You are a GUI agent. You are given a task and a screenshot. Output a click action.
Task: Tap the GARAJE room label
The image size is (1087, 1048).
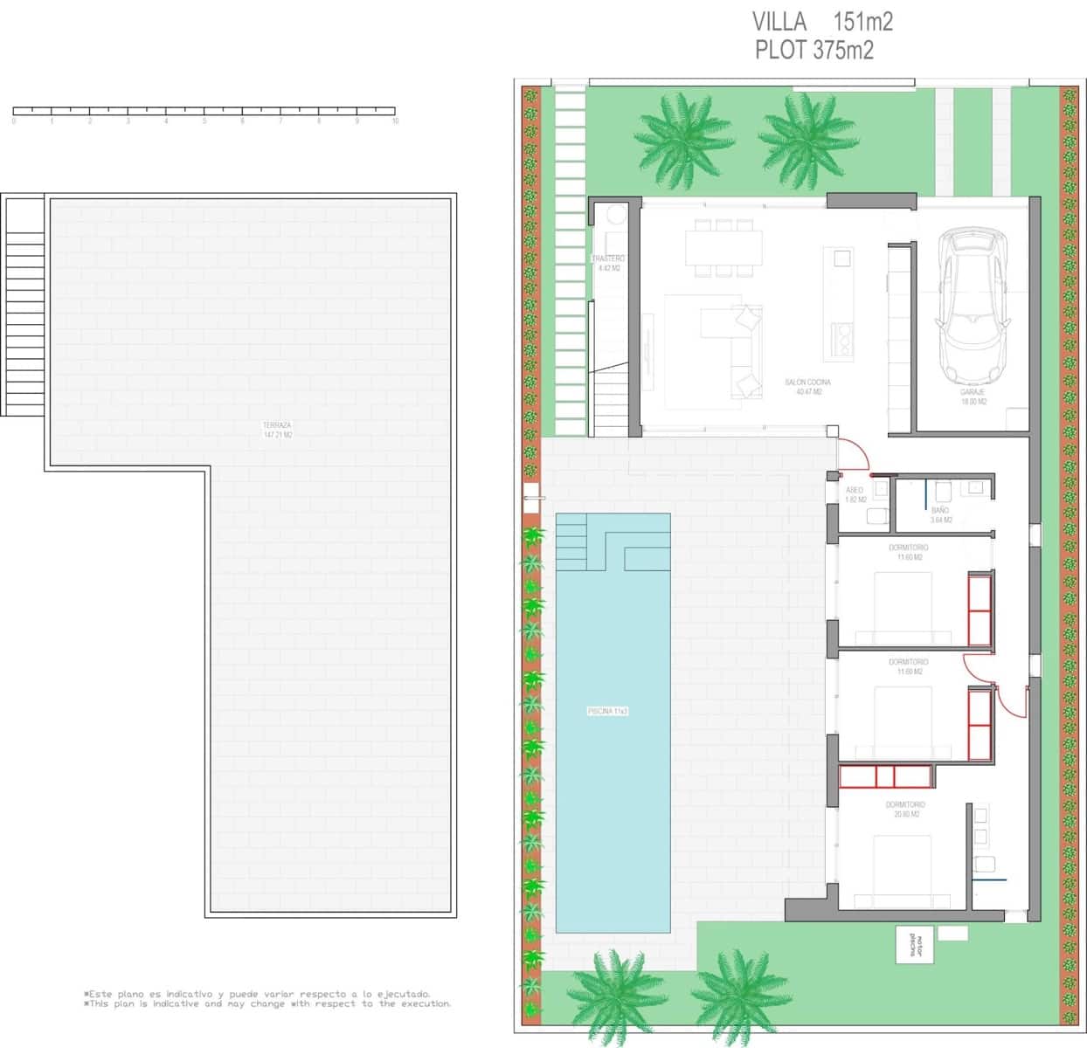pos(973,397)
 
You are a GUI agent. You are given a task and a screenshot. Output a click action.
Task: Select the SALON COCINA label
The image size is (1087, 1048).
pos(807,387)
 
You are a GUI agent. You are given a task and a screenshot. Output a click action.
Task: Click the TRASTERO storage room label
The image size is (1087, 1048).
pos(608,263)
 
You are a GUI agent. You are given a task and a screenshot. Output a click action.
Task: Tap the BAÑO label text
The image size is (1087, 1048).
pos(940,514)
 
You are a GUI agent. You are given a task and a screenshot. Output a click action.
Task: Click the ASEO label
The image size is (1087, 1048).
pos(855,494)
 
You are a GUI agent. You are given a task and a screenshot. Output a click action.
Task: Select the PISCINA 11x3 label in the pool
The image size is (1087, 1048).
pos(608,711)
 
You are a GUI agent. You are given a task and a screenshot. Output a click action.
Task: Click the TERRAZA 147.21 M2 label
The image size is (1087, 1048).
pos(277,430)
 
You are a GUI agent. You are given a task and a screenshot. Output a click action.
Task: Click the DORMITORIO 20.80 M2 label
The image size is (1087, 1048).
pos(904,809)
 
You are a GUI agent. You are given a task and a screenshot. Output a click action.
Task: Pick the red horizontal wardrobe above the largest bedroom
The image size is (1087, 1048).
pos(885,776)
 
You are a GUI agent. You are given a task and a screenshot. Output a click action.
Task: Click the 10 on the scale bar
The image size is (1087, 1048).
pos(395,121)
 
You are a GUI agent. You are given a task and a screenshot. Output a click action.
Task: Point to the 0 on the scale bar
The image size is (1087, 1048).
pos(14,121)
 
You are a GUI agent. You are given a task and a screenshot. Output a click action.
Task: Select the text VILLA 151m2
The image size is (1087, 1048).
pos(822,21)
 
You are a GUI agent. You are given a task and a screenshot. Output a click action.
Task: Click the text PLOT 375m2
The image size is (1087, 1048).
pos(814,51)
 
